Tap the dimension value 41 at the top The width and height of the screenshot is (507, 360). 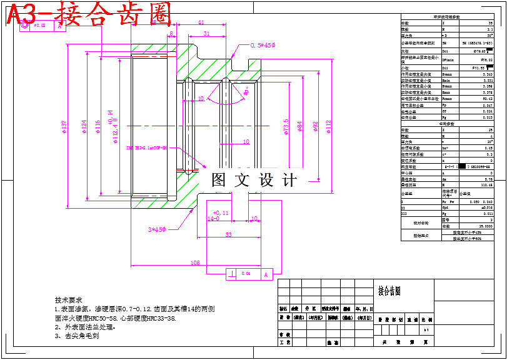(x=201, y=22)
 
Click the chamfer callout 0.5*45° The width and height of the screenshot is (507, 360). (x=263, y=46)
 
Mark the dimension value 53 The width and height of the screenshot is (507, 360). (x=229, y=234)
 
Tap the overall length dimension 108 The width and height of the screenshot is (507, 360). (x=194, y=263)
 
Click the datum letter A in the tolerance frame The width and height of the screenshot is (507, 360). (x=265, y=274)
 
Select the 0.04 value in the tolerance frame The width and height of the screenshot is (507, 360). (x=246, y=274)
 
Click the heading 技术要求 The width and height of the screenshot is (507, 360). (x=69, y=300)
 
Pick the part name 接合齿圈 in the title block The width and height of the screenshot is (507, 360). (x=389, y=291)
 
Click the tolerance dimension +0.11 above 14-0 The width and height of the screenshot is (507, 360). (x=221, y=212)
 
